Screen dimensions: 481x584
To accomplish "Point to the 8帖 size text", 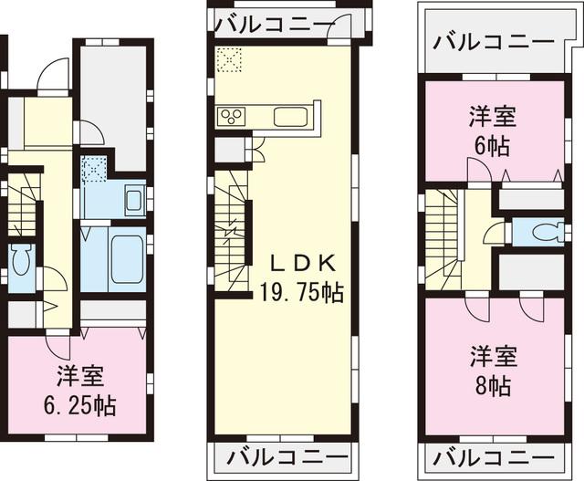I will (x=494, y=384).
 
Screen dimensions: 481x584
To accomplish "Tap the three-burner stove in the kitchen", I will (x=231, y=116).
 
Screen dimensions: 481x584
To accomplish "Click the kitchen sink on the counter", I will (x=293, y=117).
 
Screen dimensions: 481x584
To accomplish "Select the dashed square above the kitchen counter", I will (x=230, y=59).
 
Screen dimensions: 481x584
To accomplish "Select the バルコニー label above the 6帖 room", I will (x=493, y=42).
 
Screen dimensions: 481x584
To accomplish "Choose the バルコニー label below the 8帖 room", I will (x=493, y=455).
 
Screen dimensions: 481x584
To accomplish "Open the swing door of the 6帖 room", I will (x=476, y=171).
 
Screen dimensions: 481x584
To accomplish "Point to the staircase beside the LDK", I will (x=231, y=228).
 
